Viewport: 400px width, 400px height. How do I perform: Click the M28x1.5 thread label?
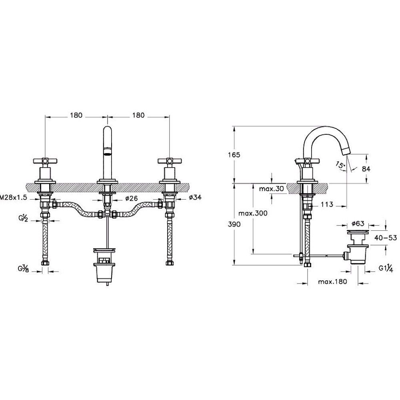point(13,197)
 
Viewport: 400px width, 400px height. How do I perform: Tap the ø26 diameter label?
point(131,198)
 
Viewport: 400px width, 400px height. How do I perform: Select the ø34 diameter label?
point(195,197)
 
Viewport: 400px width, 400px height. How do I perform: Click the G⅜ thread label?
point(22,268)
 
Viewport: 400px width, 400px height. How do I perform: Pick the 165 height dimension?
point(234,155)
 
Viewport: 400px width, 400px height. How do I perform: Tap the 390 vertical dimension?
point(234,224)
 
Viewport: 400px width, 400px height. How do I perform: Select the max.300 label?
point(253,213)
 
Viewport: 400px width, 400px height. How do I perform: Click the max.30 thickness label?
point(272,189)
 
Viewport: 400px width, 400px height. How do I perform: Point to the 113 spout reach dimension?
point(327,204)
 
